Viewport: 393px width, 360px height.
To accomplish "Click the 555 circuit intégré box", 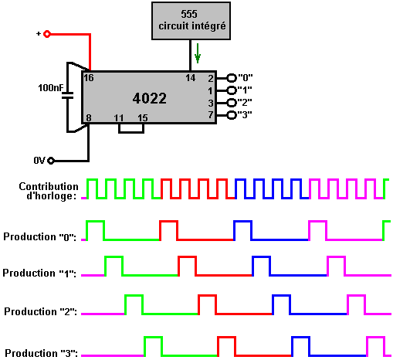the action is [191, 21].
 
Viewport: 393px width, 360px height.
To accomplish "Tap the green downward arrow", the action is [198, 53].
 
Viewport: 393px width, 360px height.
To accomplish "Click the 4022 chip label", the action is [150, 98].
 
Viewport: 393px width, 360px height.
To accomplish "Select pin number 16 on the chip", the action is [89, 78].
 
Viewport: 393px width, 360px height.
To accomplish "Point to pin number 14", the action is [191, 78].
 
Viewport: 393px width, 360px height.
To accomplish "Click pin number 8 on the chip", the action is [89, 118].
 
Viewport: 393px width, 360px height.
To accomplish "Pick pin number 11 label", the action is [119, 118].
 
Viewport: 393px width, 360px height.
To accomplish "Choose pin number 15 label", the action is [143, 118].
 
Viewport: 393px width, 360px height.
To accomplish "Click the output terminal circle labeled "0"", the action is [232, 78].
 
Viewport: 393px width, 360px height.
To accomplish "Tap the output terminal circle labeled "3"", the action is [232, 115].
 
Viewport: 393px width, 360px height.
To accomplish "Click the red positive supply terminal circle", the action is [47, 34].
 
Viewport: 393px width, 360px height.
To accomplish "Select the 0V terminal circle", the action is [51, 161].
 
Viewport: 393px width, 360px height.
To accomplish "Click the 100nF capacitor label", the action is [50, 88].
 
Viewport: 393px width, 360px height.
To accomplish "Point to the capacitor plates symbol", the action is [68, 96].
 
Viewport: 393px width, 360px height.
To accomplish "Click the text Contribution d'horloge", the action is [49, 191].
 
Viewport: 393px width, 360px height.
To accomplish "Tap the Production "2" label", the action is [40, 311].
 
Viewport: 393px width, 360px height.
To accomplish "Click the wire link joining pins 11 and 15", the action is [131, 132].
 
